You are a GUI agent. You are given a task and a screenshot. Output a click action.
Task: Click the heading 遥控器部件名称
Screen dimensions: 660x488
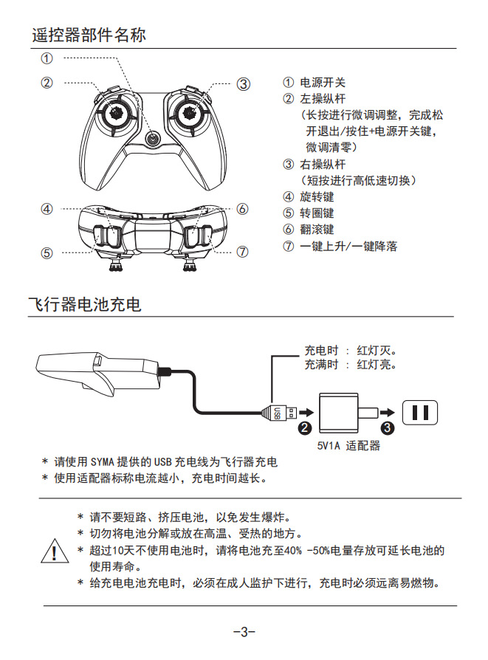point(89,35)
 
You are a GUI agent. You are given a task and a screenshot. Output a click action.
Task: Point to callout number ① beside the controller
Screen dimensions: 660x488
point(47,58)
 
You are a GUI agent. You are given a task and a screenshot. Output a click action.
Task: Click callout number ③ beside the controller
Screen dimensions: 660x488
point(243,83)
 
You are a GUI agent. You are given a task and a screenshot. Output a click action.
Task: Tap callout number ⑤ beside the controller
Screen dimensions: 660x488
point(47,252)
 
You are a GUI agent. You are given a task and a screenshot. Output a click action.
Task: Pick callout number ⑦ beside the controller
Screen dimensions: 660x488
point(243,252)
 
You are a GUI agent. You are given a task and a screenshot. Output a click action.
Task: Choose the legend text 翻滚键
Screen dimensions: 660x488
point(317,230)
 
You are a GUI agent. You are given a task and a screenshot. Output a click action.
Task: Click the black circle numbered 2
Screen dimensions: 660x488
point(303,427)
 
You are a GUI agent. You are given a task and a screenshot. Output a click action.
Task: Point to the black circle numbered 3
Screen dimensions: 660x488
point(388,427)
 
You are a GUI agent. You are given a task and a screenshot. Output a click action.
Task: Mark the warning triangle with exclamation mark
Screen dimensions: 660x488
point(52,552)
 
